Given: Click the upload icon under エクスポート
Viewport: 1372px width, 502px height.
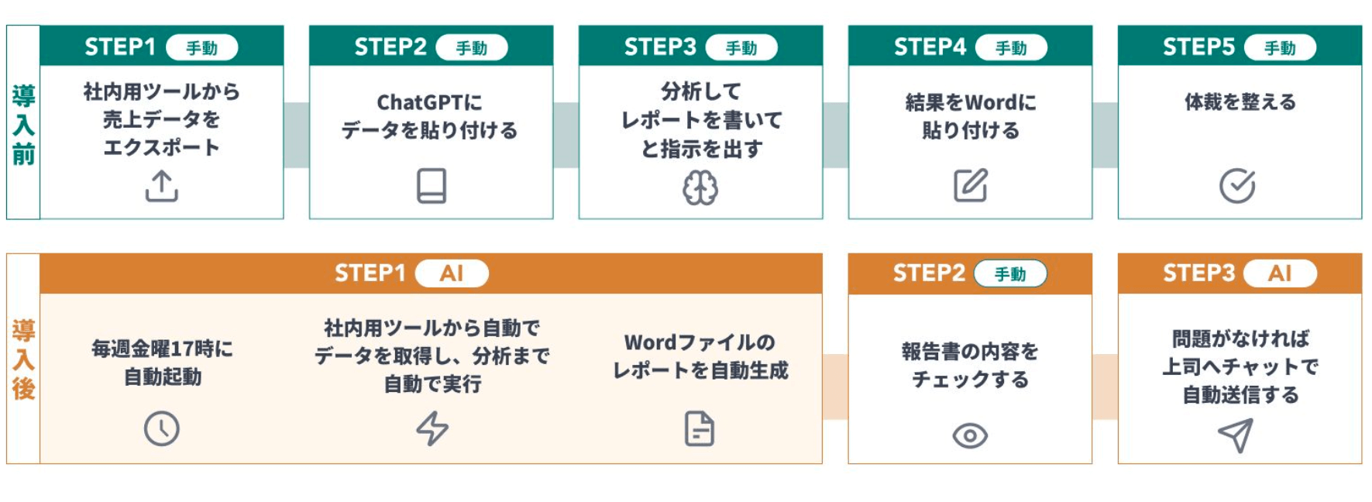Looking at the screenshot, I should pos(161,187).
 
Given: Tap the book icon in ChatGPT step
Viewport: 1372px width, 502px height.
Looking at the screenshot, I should pos(431,186).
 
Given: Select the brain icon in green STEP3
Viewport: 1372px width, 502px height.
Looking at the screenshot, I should pos(700,187).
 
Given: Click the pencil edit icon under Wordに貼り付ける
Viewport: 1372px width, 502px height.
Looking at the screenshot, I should pos(970,185).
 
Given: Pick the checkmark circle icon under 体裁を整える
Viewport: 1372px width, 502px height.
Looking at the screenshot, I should pos(1237,185).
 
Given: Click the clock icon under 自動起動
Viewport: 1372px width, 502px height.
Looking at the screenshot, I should pos(161,428).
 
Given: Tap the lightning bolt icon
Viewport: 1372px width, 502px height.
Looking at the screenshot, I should pos(432,428).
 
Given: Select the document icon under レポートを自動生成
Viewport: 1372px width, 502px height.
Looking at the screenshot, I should pos(700,428).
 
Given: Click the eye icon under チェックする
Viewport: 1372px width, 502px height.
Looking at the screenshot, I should pos(969,435).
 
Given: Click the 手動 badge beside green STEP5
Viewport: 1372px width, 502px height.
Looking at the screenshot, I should pos(1279,48).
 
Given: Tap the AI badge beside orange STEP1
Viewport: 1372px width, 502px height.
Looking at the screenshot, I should pos(452,273).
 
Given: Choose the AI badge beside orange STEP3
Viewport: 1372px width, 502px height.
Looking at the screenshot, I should pos(1279,273).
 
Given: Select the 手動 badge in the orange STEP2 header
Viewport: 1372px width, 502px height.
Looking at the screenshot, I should pos(1009,273).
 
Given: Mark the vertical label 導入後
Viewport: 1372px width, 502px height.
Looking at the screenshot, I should pos(23,359).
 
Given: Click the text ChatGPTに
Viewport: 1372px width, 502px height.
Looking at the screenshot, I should pos(429,102).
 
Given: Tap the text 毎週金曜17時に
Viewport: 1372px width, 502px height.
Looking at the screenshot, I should pos(162,349).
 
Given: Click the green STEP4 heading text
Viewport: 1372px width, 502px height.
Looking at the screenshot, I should pos(930,47).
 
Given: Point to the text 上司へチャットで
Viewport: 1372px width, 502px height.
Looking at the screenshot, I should pos(1240,366).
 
